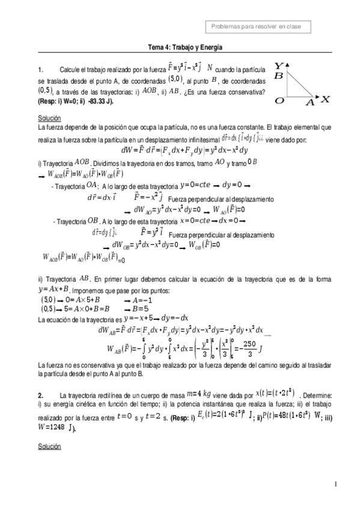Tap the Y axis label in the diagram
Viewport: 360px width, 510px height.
click(x=279, y=65)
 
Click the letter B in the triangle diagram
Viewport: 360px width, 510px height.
click(x=278, y=76)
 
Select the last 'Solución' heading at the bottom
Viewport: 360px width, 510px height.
click(x=49, y=447)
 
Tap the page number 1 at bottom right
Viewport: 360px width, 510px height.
click(x=335, y=484)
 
